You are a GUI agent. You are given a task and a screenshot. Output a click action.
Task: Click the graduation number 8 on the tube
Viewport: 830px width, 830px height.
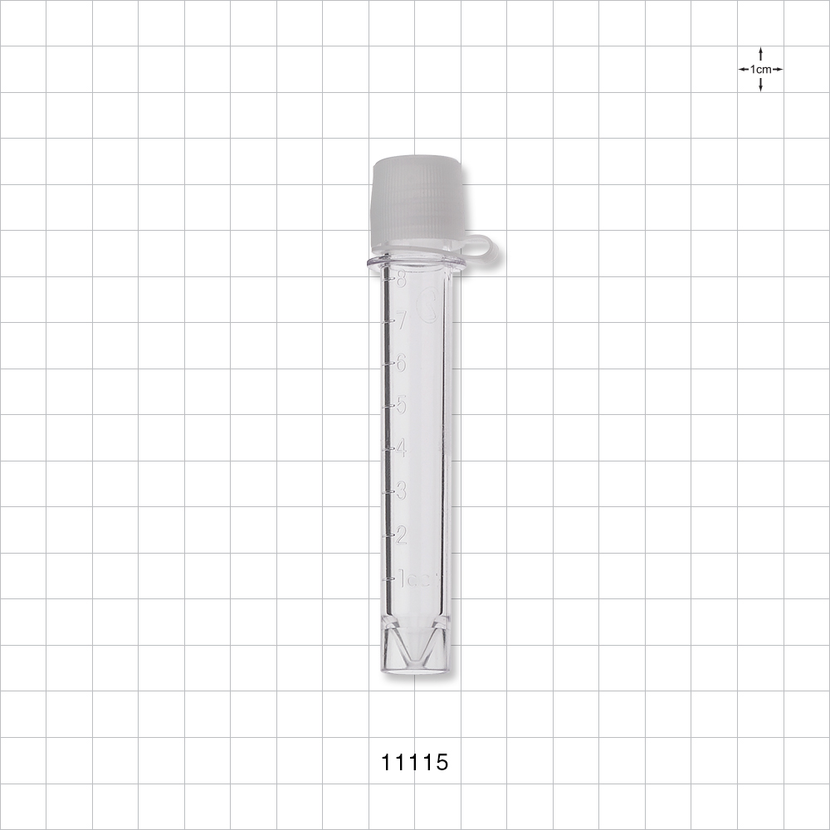point(402,280)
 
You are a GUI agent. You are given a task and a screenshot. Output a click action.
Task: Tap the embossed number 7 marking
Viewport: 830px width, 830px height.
point(402,320)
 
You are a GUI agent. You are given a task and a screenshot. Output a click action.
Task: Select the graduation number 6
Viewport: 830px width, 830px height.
point(402,363)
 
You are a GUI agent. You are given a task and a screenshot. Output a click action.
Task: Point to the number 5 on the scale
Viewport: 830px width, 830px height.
point(402,405)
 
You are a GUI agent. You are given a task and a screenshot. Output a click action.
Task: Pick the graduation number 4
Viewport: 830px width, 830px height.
point(402,447)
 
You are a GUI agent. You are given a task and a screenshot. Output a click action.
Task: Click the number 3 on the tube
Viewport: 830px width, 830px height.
point(402,491)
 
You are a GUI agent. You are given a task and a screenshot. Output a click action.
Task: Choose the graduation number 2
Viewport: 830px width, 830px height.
point(402,535)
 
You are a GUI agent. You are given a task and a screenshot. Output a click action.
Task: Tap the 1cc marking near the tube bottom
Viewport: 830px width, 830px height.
point(415,579)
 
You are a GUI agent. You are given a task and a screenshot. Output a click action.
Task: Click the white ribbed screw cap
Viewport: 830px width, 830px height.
point(415,199)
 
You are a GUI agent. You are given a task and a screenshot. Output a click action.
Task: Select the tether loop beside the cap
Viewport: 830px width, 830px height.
point(483,249)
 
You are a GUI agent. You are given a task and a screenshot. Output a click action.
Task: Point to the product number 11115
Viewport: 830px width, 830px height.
point(414,763)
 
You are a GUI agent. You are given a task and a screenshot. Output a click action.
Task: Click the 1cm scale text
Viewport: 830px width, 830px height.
point(760,70)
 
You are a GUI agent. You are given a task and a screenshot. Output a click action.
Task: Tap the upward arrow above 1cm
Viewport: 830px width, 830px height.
point(760,54)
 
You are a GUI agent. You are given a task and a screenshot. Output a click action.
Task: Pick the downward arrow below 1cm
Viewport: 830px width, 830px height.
point(760,85)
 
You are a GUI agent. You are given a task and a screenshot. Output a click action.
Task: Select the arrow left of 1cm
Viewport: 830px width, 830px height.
point(744,70)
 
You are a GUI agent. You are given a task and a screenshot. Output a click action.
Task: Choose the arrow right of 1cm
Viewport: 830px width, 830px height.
point(778,70)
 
